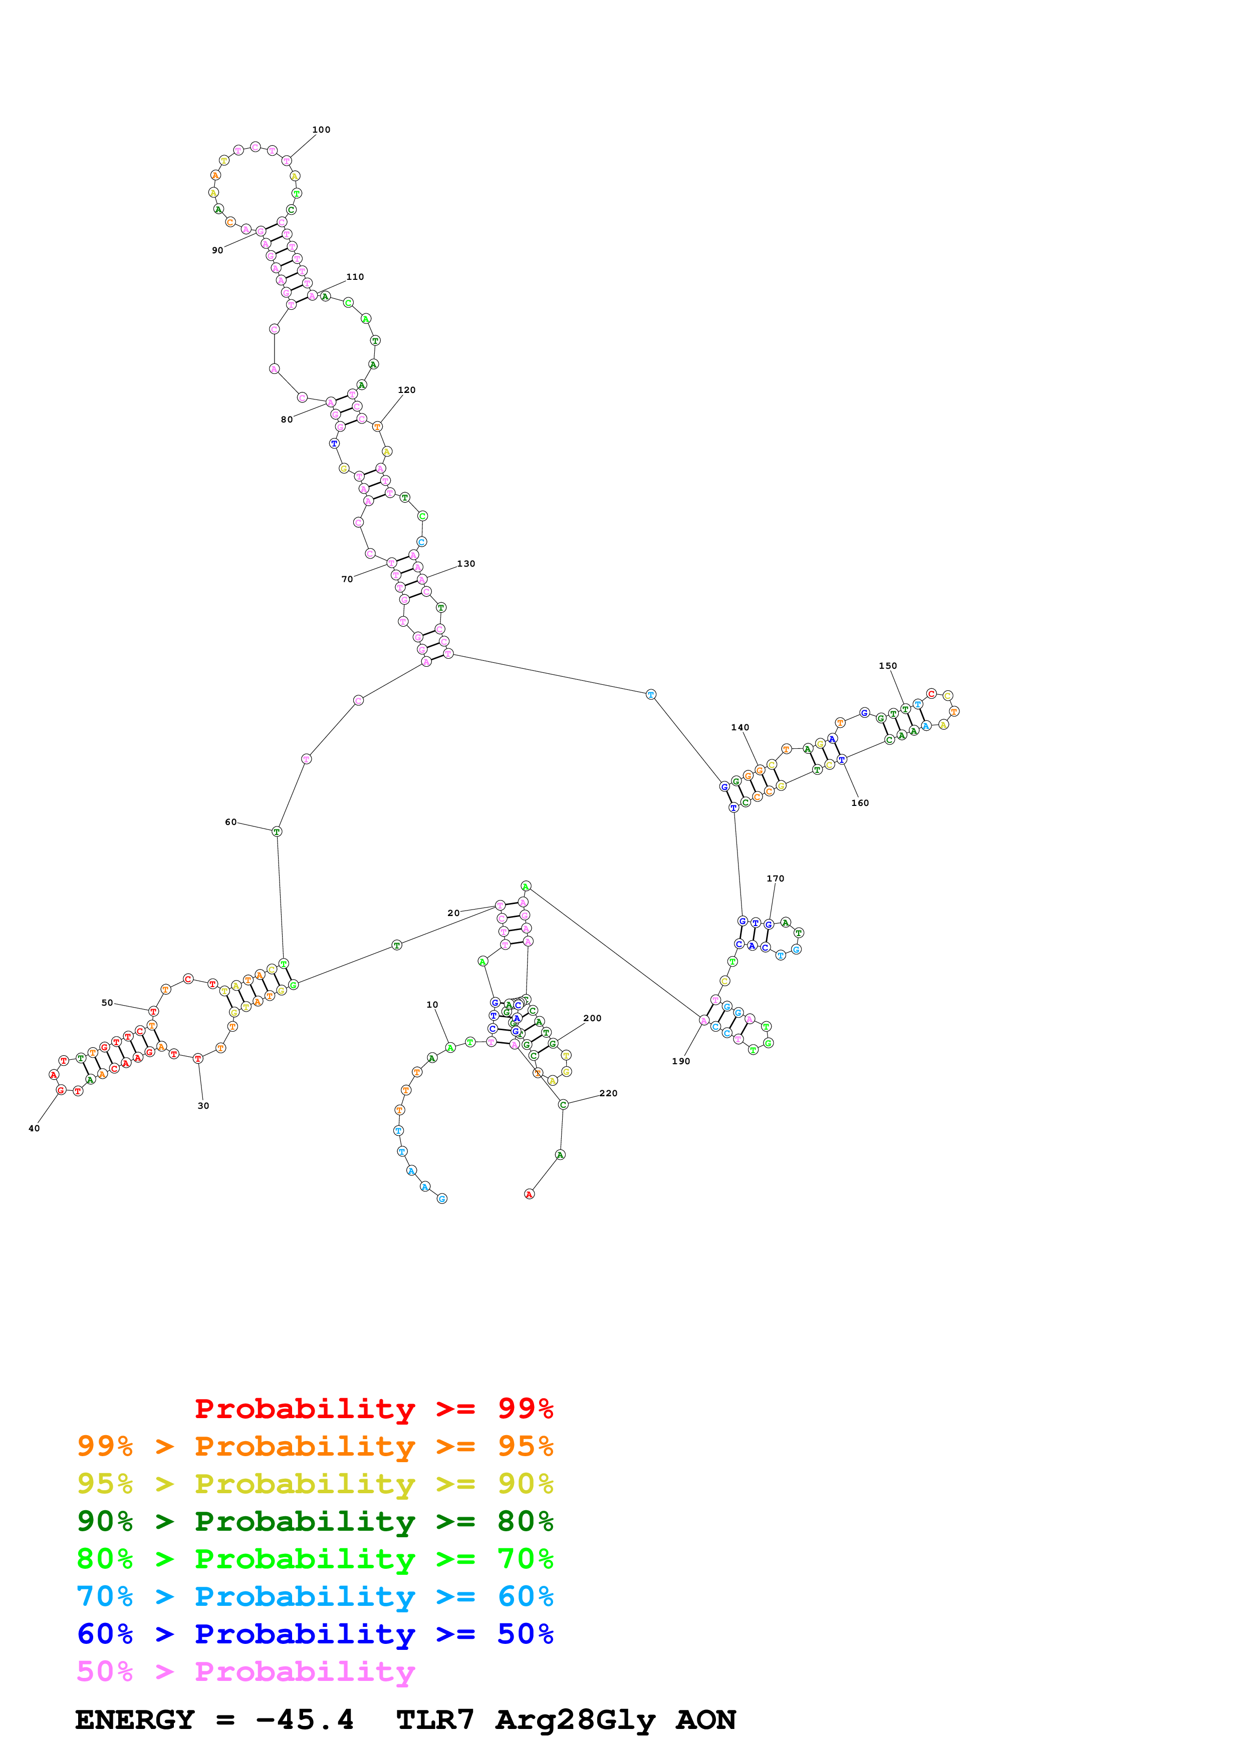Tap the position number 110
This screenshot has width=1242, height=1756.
[355, 277]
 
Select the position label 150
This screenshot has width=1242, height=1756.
[888, 666]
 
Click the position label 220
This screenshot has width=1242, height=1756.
[608, 1093]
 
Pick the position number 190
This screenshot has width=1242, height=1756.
[681, 1061]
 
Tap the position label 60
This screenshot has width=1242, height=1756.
[230, 822]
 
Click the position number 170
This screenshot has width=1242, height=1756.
[775, 879]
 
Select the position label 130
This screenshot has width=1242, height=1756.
[466, 564]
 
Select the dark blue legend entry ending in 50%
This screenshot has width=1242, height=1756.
[315, 1634]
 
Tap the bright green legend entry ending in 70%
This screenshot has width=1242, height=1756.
[315, 1559]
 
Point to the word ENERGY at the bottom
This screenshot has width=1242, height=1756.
[135, 1719]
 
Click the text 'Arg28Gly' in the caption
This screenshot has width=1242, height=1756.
[576, 1719]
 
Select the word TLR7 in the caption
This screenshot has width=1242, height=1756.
[435, 1719]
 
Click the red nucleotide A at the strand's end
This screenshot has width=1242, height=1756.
[529, 1194]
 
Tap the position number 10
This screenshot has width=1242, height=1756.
[432, 1005]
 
